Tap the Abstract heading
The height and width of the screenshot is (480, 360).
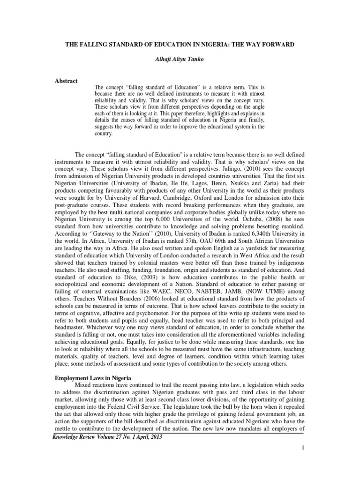67,81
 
